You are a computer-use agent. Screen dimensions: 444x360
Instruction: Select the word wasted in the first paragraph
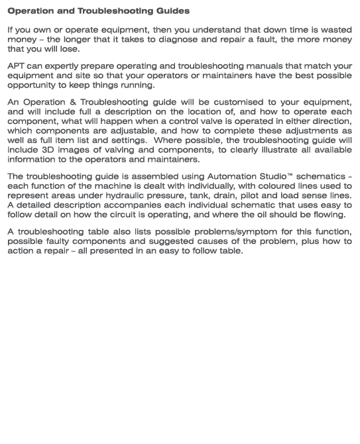(334, 30)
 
